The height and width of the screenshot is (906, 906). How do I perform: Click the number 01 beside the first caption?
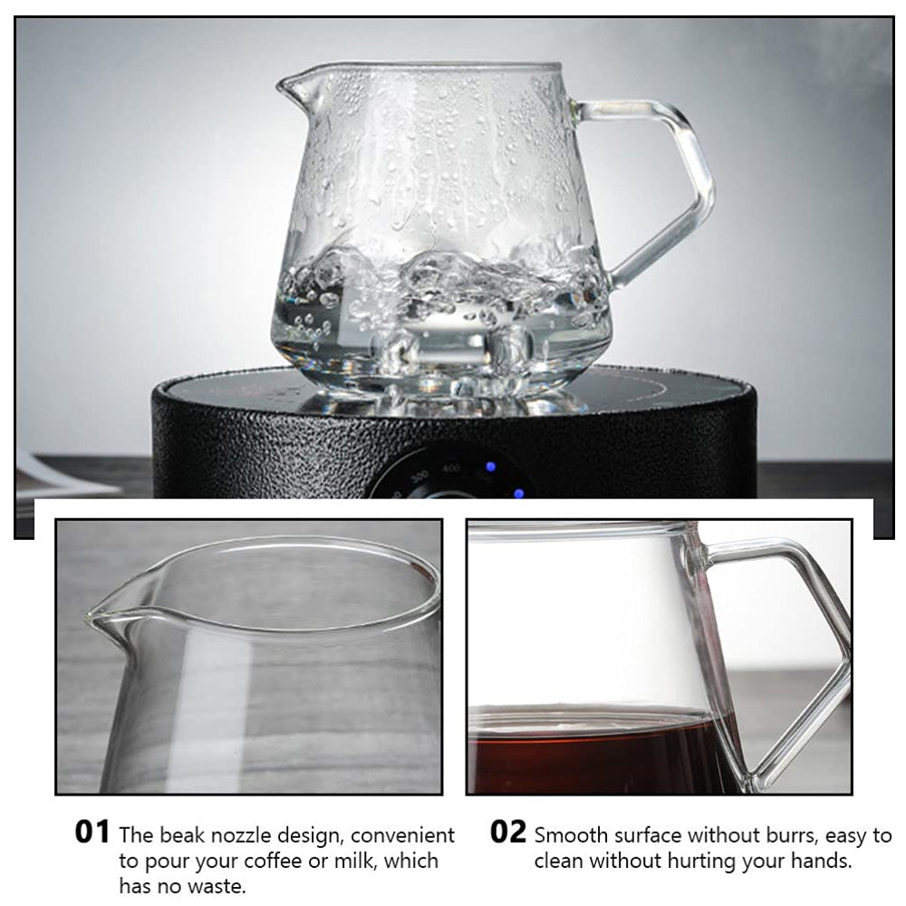(x=92, y=832)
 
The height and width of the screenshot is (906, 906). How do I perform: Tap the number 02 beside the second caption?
(x=508, y=832)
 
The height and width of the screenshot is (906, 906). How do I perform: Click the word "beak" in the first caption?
(x=182, y=835)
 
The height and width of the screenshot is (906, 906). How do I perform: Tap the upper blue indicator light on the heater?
(x=490, y=467)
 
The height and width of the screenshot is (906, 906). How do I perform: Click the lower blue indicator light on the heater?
(x=518, y=493)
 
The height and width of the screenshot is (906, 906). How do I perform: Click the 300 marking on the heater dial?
(x=419, y=477)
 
